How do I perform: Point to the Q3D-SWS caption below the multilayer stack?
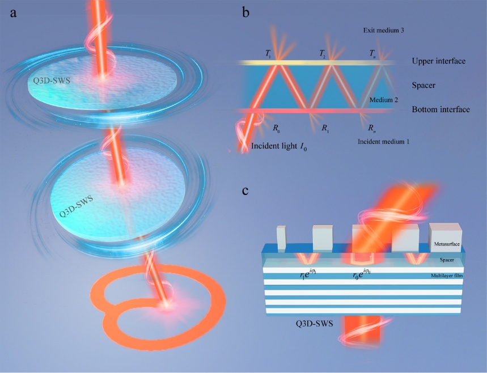(311, 325)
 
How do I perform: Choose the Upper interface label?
(439, 60)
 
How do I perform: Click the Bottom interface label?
(441, 109)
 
